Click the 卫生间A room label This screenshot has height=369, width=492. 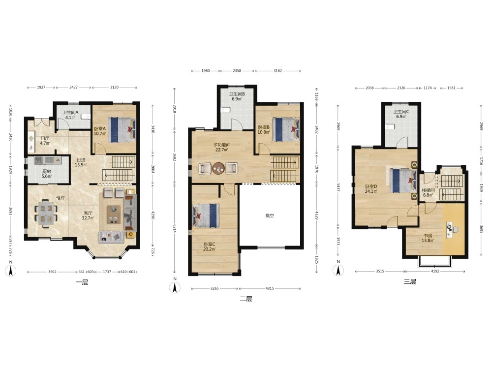point(70,112)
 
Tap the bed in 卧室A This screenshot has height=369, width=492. point(122,129)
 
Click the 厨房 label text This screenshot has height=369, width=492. point(46,171)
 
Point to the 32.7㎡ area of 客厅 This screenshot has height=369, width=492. point(88,218)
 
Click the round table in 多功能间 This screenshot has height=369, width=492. point(218,168)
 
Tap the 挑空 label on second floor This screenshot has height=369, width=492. point(270,215)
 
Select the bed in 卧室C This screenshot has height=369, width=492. point(206,215)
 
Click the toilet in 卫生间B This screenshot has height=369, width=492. point(225,110)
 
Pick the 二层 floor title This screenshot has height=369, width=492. point(246,299)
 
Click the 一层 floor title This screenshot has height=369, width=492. point(82,282)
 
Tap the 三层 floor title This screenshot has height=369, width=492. point(410,282)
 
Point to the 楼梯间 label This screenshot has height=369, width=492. point(428,190)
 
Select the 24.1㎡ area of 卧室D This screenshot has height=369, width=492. point(371,191)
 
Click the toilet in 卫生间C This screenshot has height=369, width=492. point(389,127)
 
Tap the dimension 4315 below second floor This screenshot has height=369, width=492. point(270,288)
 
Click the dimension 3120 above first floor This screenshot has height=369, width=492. point(114,87)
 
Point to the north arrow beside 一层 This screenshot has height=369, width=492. point(11,271)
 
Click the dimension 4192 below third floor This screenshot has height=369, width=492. point(435,271)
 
